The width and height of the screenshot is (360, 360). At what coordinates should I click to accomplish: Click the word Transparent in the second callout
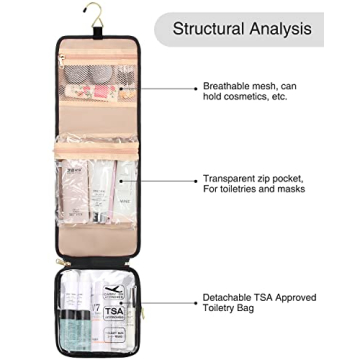pyautogui.click(x=233, y=181)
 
